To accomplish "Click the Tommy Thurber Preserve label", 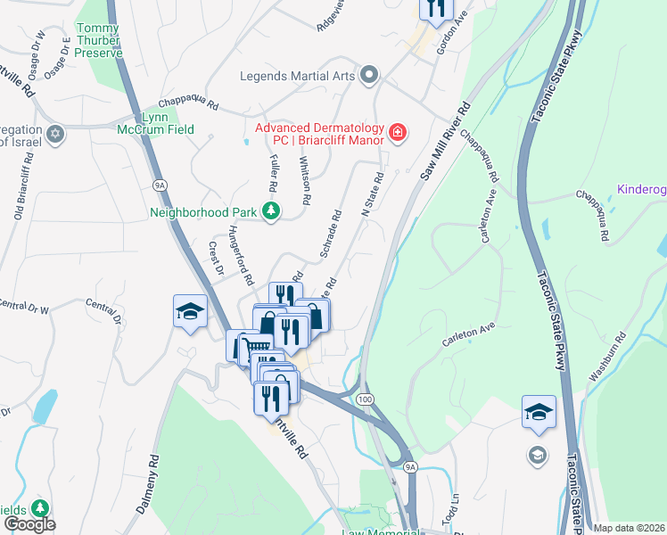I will pyautogui.click(x=110, y=41).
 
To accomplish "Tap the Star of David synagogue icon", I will pyautogui.click(x=55, y=135).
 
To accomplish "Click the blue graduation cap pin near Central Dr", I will pyautogui.click(x=190, y=311).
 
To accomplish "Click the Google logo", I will pyautogui.click(x=29, y=524).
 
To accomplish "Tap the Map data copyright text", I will pyautogui.click(x=629, y=528).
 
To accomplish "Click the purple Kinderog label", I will pyautogui.click(x=642, y=191).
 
